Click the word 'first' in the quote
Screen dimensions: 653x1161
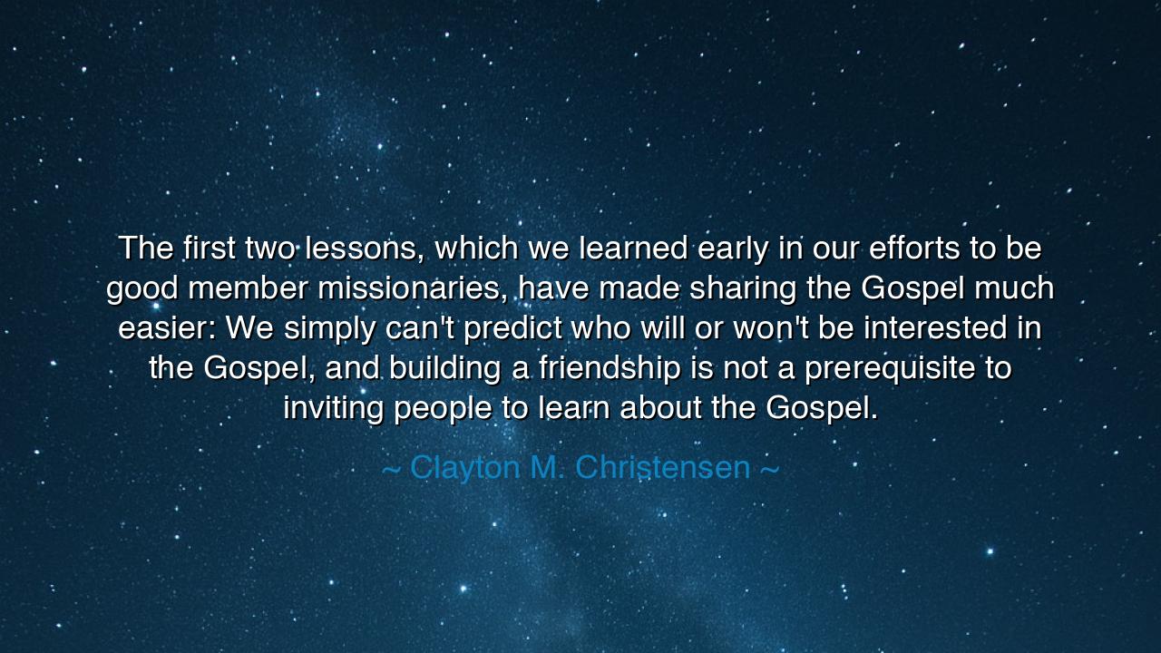coord(209,247)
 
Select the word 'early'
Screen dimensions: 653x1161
coord(733,247)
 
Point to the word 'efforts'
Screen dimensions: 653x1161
coord(918,247)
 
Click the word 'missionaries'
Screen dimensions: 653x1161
coord(414,288)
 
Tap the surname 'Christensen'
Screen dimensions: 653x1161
coord(662,468)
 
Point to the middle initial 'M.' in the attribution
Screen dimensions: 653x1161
coord(547,468)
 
